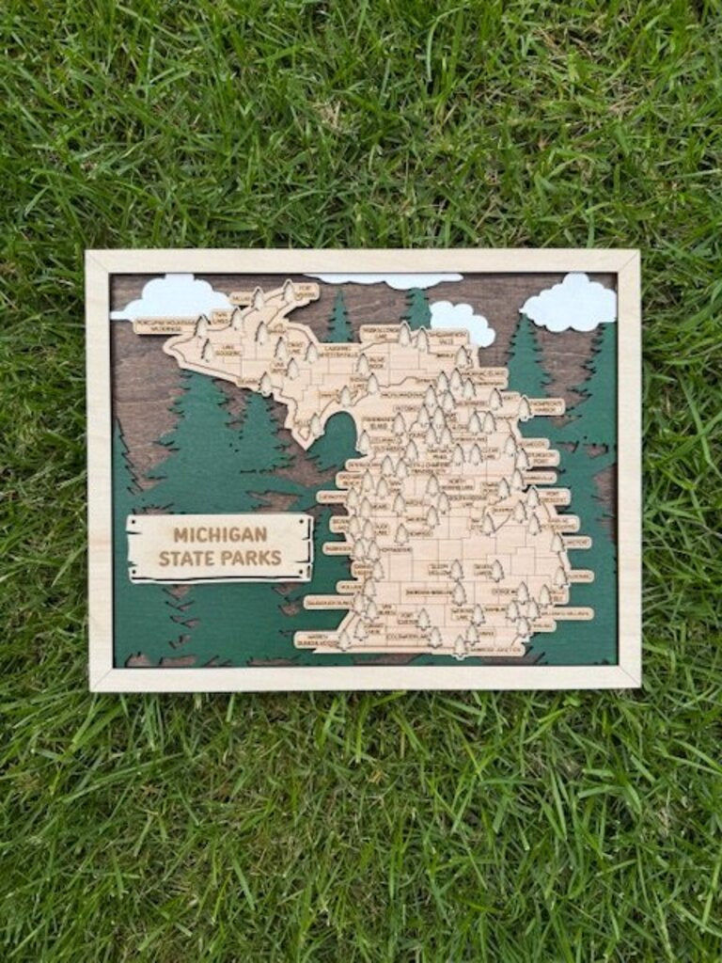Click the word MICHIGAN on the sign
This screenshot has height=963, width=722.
coord(220,535)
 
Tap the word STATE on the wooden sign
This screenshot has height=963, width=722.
coord(186,558)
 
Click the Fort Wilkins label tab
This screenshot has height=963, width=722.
coord(306,292)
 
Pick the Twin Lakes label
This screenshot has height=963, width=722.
coord(223,318)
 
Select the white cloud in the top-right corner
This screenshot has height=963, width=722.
coord(571,303)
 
